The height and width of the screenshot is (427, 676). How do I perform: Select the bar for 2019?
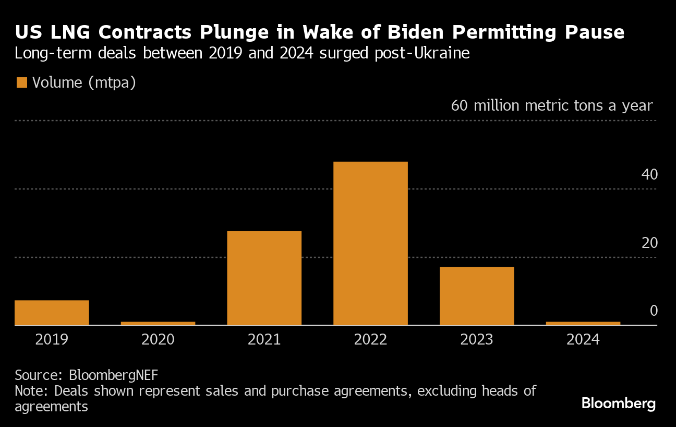pyautogui.click(x=52, y=312)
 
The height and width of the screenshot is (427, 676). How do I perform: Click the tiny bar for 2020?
pyautogui.click(x=158, y=323)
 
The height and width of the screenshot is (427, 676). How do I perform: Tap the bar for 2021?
pyautogui.click(x=264, y=278)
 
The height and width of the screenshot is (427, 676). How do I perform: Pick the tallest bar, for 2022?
pyautogui.click(x=370, y=243)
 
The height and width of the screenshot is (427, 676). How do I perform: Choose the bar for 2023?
pyautogui.click(x=477, y=295)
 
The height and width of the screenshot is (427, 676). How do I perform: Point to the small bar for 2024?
pyautogui.click(x=583, y=323)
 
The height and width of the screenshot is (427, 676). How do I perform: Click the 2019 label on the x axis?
pyautogui.click(x=52, y=340)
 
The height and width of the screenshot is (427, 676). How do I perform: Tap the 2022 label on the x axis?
pyautogui.click(x=370, y=340)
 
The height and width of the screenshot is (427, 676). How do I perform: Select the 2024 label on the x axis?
pyautogui.click(x=583, y=340)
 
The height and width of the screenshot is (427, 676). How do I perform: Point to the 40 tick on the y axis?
pyautogui.click(x=649, y=174)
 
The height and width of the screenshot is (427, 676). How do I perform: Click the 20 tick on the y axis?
pyautogui.click(x=649, y=243)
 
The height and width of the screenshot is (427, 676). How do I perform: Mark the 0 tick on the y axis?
pyautogui.click(x=654, y=311)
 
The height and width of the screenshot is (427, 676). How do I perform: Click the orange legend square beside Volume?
pyautogui.click(x=21, y=82)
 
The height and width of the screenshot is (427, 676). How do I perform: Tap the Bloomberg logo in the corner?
pyautogui.click(x=618, y=404)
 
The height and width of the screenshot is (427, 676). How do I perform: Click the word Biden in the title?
pyautogui.click(x=412, y=32)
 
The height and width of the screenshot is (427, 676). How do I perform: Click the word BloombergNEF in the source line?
pyautogui.click(x=114, y=375)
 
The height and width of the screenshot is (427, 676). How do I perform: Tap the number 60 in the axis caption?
pyautogui.click(x=459, y=105)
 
